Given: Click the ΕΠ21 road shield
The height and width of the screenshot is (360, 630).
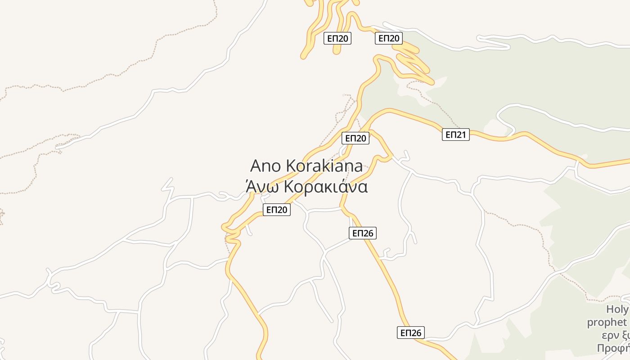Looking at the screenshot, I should click(x=456, y=134).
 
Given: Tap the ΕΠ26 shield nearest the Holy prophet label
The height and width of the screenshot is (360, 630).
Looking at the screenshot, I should click(x=411, y=333).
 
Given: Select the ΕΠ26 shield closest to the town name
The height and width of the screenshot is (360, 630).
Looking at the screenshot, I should click(x=362, y=233).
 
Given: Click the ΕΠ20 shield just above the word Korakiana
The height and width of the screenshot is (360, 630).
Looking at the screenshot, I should click(x=355, y=138).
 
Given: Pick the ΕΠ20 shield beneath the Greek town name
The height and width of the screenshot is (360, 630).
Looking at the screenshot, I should click(x=277, y=209).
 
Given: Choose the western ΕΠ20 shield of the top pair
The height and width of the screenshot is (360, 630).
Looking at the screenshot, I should click(x=337, y=38).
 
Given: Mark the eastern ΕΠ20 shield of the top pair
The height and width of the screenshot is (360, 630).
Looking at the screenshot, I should click(x=389, y=38).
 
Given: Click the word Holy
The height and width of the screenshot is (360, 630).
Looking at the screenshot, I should click(x=617, y=310).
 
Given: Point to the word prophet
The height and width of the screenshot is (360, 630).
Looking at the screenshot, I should click(x=607, y=323).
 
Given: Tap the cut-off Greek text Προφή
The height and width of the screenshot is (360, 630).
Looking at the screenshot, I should click(x=612, y=348).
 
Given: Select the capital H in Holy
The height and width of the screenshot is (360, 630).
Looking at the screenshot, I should click(x=610, y=310).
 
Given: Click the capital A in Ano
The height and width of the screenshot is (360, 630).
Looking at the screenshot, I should click(x=256, y=166).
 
